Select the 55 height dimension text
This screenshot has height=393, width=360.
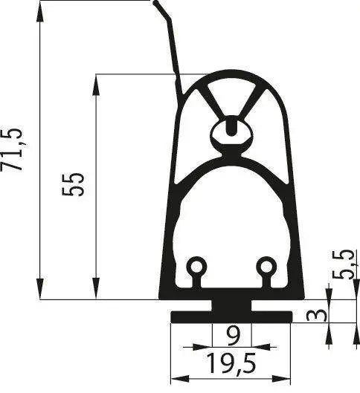(74, 183)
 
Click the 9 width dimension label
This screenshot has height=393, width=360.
(233, 338)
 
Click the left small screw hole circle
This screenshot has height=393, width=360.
(196, 266)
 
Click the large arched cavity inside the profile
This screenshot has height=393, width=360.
(231, 215)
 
